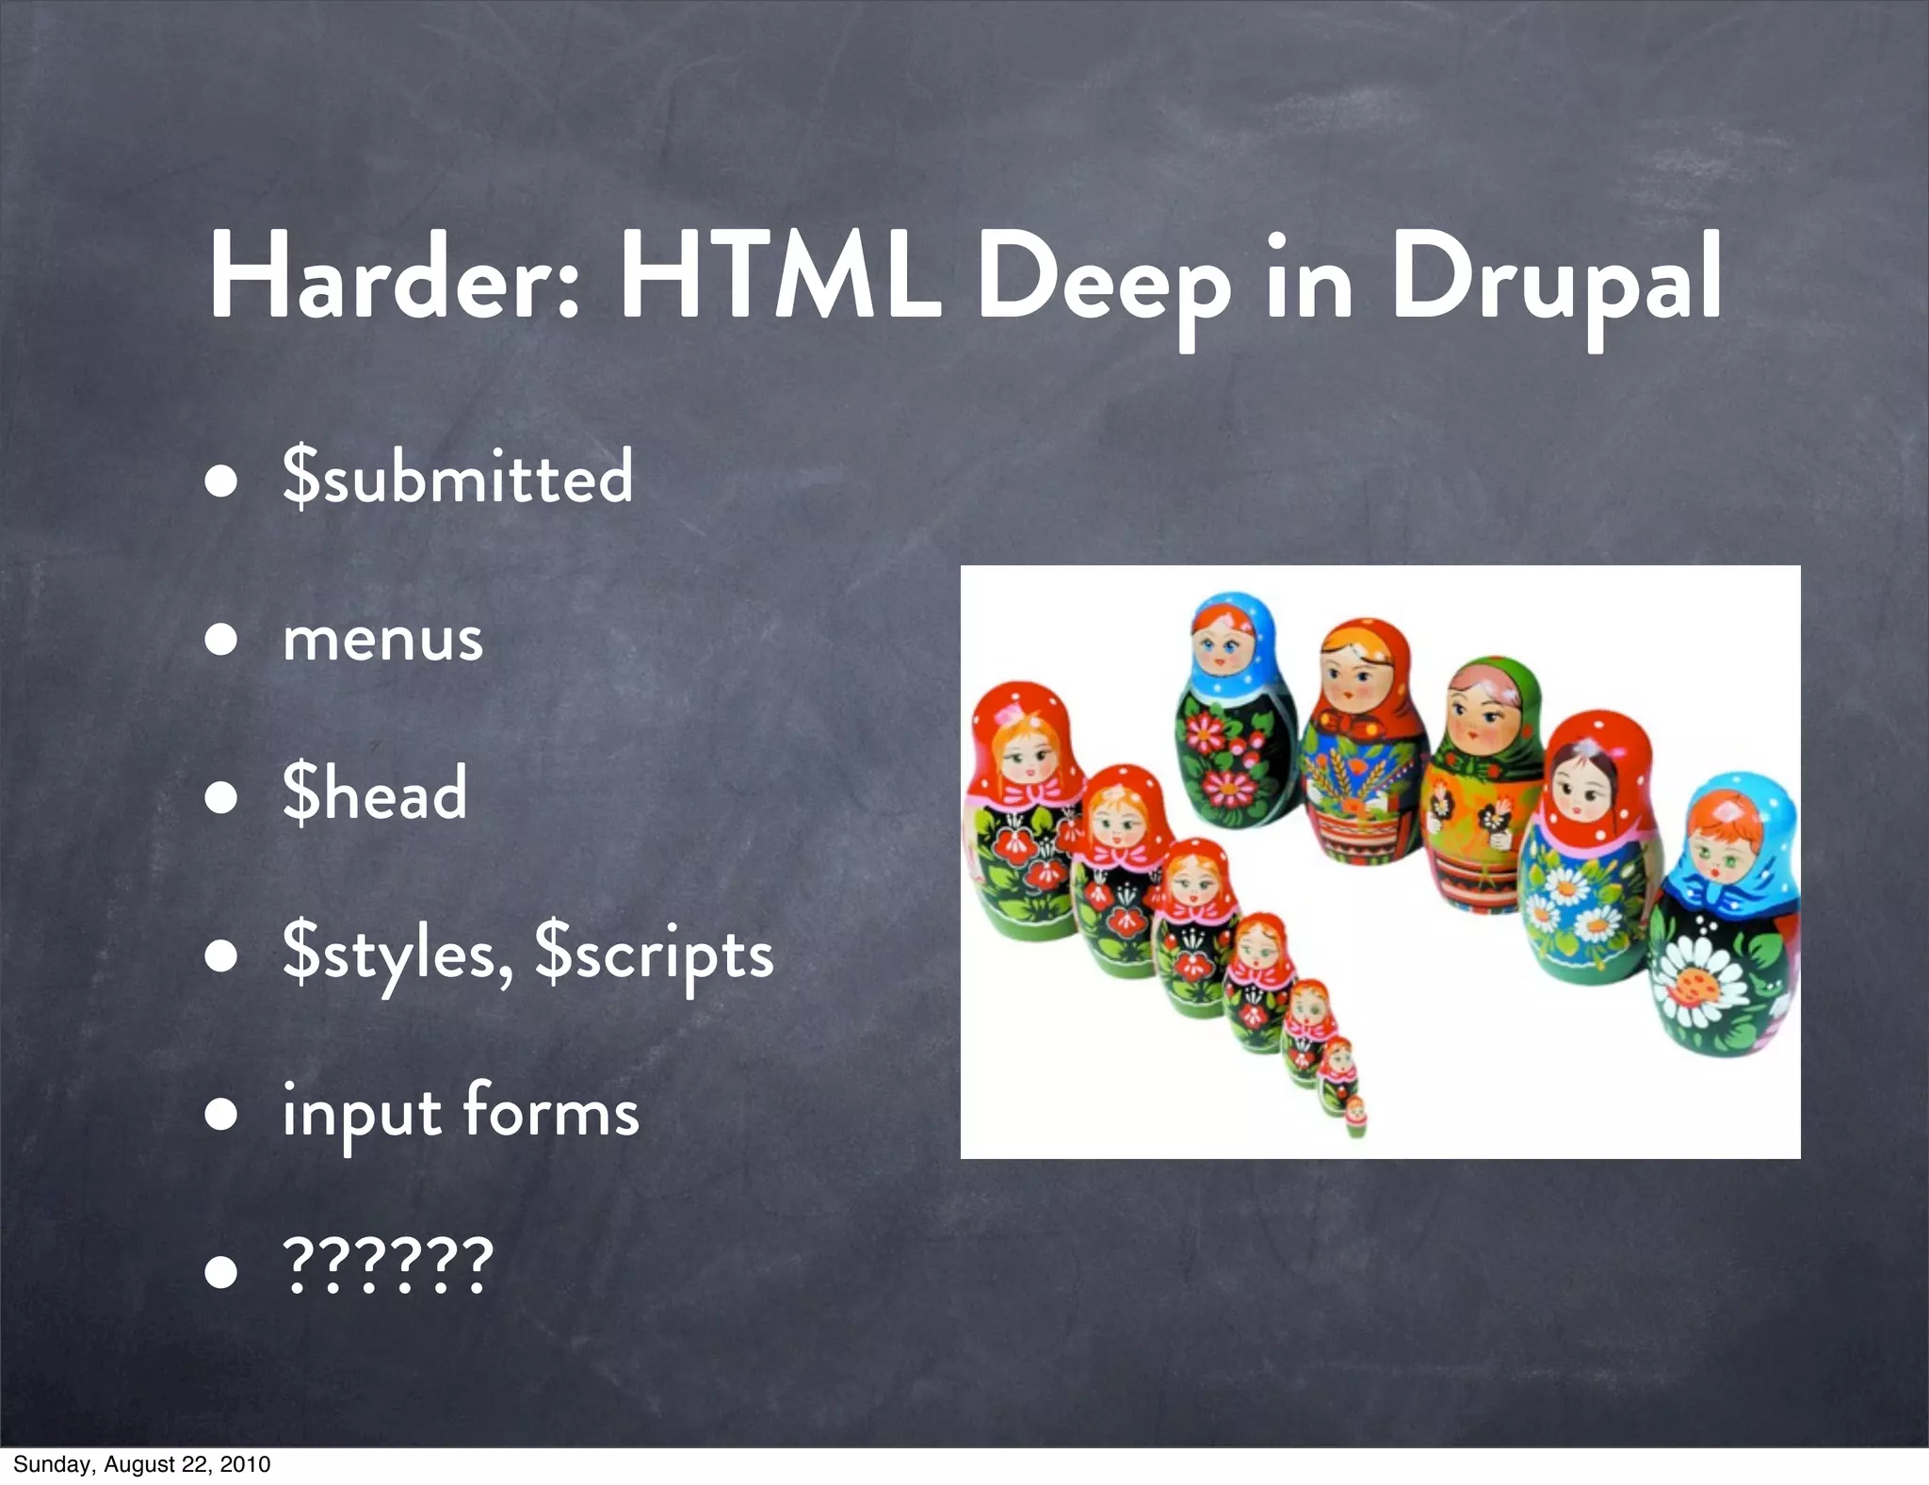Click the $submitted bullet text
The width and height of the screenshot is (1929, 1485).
coord(458,477)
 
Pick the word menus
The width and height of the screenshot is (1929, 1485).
coord(383,639)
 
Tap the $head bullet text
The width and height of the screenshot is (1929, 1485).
coord(375,793)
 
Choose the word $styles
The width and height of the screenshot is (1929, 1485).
coord(397,954)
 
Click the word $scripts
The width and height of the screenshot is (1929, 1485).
coord(655,954)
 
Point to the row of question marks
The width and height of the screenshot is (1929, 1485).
coord(387,1265)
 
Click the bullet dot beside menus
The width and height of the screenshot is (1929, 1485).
coord(222,640)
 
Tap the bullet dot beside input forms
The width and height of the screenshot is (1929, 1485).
coord(222,1114)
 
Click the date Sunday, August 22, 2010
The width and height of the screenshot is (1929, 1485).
coord(142,1464)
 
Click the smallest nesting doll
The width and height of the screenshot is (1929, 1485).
coord(1355,1117)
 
